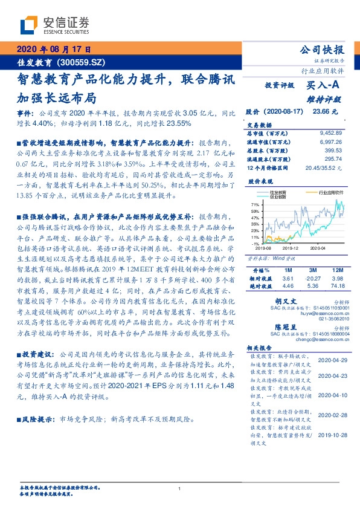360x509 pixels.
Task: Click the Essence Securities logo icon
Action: tap(30, 25)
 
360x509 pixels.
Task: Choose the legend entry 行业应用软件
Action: tap(325, 190)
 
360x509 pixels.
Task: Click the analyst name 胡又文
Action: tap(286, 300)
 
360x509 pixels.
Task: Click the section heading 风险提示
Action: tap(37, 418)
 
